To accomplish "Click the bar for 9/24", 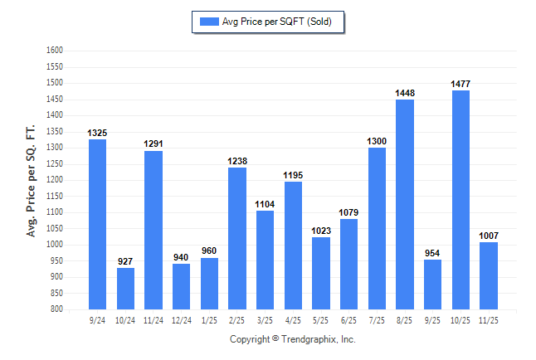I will [x=97, y=224].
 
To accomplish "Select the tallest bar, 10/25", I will [x=460, y=199].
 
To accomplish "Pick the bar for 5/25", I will [x=320, y=273].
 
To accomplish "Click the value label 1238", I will [x=236, y=161].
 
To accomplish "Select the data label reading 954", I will [x=432, y=253].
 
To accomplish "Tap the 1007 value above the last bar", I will [x=489, y=236].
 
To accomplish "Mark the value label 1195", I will [x=293, y=175].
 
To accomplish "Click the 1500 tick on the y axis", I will [x=54, y=83].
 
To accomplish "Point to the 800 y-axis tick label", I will [x=56, y=309].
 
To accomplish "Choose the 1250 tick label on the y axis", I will [x=54, y=163].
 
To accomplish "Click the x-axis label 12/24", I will [x=181, y=319].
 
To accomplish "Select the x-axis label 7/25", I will [x=377, y=319].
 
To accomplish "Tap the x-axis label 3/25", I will [x=265, y=319].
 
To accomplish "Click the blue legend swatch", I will [x=208, y=22].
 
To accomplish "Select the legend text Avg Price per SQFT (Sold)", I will [x=277, y=22].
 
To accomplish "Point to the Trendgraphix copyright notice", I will [x=292, y=339].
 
